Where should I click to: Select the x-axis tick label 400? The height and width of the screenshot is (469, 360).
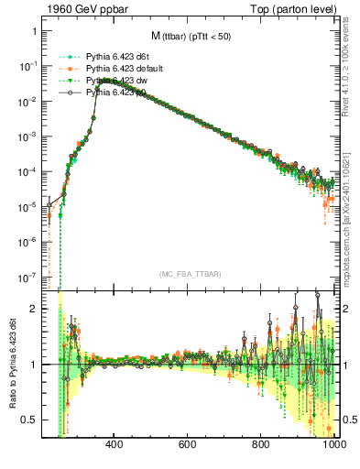click(115, 446)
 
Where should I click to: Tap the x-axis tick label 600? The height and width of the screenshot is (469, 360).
click(188, 446)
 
